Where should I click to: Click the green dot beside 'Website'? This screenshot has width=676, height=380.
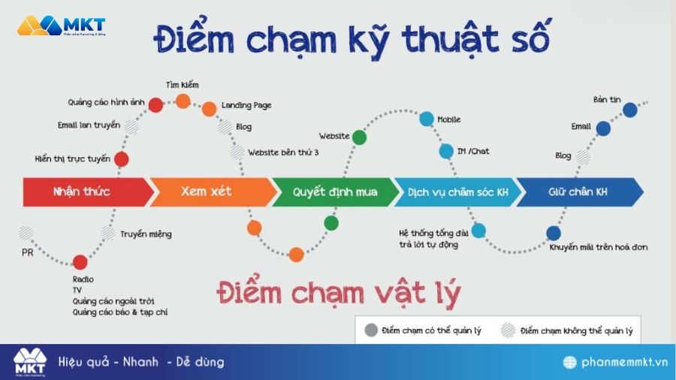360,137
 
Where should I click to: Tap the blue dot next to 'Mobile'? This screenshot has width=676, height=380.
427,119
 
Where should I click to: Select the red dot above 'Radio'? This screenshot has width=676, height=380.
80,261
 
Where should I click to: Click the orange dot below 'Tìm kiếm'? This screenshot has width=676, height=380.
183,101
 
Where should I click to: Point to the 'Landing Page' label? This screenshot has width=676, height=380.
247,106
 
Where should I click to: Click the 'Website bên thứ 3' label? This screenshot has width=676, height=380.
283,152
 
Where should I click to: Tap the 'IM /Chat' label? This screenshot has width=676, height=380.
473,152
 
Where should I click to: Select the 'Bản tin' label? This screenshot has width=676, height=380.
606,99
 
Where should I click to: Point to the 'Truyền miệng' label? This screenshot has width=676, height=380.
146,234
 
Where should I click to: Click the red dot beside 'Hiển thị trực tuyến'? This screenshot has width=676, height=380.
122,158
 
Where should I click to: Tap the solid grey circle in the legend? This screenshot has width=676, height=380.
370,330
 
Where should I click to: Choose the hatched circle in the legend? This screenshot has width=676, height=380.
508,330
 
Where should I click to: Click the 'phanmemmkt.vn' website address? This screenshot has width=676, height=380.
625,363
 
